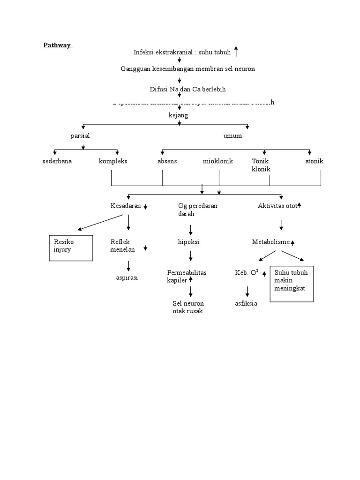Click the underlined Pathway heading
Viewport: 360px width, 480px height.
[57, 45]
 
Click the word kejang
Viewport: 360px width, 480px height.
[178, 115]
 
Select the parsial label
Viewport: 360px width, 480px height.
[80, 136]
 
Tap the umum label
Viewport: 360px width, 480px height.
[232, 136]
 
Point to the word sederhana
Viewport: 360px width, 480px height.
[57, 162]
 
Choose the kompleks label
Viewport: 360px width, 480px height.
[113, 162]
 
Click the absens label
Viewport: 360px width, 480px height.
[167, 162]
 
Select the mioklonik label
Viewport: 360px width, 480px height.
[217, 162]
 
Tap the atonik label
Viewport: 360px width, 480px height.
[314, 162]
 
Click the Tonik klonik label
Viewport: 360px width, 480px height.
[261, 165]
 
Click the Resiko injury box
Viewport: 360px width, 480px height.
[68, 247]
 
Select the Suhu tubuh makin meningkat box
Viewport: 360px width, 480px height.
[292, 284]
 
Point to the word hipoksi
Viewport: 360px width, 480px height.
[188, 242]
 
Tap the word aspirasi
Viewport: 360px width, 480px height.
[127, 278]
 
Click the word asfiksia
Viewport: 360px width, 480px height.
[246, 303]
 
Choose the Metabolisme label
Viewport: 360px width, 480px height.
[270, 242]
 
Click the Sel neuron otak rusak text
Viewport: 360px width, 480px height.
[188, 307]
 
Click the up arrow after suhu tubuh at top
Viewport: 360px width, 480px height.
[236, 51]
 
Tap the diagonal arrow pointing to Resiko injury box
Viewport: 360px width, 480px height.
[100, 222]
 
